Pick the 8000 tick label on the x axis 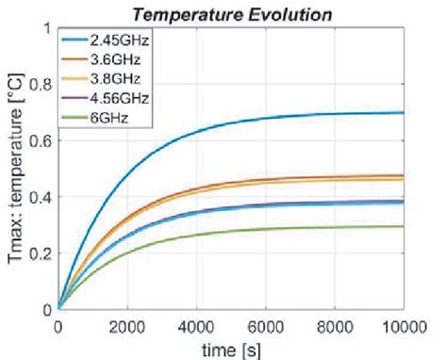tap(356, 325)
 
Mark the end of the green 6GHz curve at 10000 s tap(430, 226)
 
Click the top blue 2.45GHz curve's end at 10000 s tap(430, 113)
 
